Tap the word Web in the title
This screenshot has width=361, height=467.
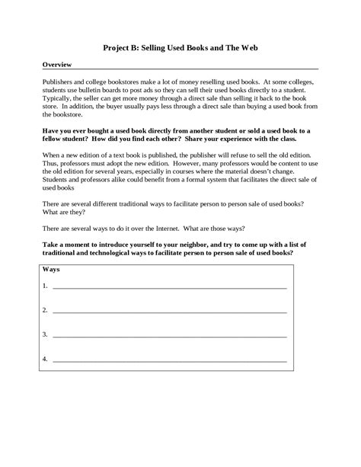pyautogui.click(x=246, y=46)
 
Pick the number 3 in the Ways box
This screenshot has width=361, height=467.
pyautogui.click(x=46, y=334)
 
